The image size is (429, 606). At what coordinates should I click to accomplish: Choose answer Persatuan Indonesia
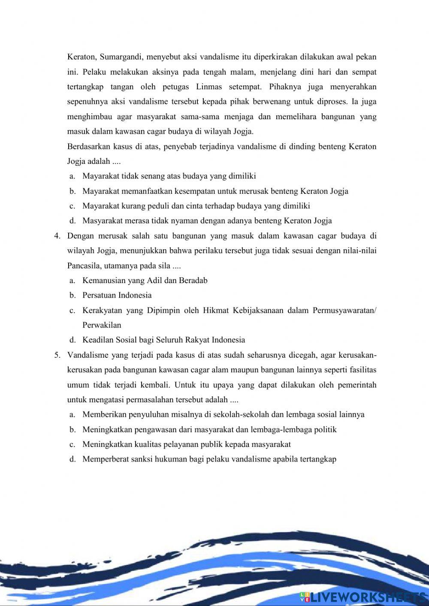(x=117, y=295)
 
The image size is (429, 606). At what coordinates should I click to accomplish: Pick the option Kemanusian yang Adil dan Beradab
(x=145, y=280)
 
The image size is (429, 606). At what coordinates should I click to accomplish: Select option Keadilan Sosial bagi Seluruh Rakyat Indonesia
(x=163, y=340)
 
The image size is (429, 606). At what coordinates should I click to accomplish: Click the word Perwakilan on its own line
(x=102, y=325)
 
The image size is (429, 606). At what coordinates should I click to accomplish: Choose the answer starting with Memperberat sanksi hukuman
(x=209, y=459)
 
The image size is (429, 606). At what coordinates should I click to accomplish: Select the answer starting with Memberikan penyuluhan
(x=223, y=415)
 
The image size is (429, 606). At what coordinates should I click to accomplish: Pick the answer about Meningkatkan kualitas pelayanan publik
(x=186, y=444)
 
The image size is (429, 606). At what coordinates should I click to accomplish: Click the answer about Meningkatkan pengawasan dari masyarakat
(x=209, y=430)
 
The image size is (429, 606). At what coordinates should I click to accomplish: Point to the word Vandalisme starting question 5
(x=88, y=355)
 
